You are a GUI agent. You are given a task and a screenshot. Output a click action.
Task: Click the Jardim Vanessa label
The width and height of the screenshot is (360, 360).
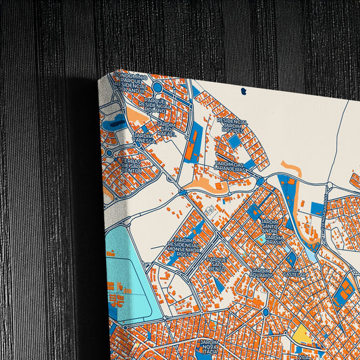pyautogui.click(x=145, y=139)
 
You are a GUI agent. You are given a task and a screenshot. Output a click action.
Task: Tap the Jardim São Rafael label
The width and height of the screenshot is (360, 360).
pyautogui.click(x=167, y=128)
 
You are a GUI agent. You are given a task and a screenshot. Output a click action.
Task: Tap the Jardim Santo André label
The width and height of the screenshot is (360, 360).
pyautogui.click(x=270, y=226)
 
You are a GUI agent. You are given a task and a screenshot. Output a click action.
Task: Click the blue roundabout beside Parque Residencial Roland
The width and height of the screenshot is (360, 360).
pyautogui.click(x=157, y=87)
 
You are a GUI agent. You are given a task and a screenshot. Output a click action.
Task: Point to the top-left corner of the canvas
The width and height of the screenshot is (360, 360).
pyautogui.click(x=101, y=77)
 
